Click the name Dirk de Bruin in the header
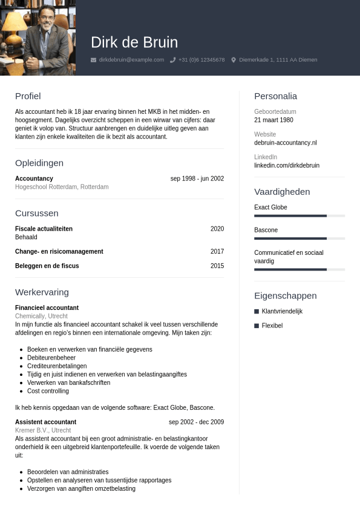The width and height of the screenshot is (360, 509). click(134, 42)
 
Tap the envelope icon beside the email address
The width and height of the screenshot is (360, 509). click(93, 60)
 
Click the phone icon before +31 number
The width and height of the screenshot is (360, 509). click(173, 60)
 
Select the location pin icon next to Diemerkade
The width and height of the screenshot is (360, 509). click(234, 60)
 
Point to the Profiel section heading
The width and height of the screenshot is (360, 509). click(28, 96)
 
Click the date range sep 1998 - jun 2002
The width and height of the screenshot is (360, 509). click(197, 179)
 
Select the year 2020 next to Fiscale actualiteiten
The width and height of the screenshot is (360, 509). click(217, 229)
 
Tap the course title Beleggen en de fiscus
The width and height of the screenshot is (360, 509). click(47, 266)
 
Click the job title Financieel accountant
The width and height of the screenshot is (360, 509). click(47, 307)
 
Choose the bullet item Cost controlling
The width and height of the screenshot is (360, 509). click(48, 391)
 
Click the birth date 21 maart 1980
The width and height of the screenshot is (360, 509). click(273, 120)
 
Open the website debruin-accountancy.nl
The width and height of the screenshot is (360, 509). click(285, 143)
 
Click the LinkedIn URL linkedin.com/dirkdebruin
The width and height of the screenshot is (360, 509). click(287, 165)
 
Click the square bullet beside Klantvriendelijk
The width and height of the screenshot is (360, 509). click(257, 311)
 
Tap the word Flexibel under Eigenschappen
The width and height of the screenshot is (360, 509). click(272, 326)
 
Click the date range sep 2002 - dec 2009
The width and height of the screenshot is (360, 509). click(196, 422)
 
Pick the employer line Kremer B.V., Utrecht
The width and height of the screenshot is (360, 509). click(43, 430)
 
